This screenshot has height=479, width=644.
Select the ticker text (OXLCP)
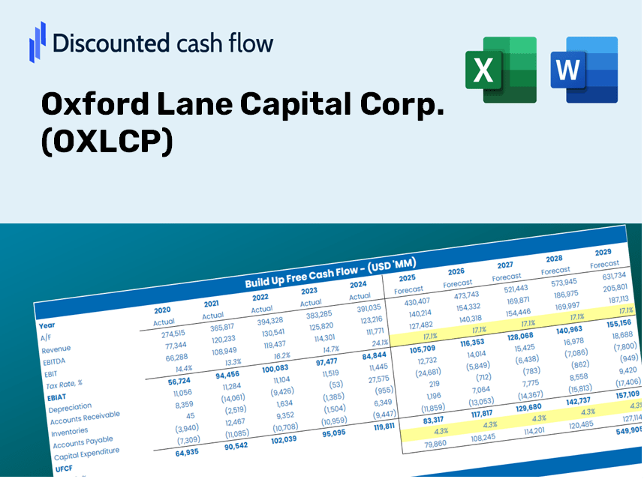[107, 142]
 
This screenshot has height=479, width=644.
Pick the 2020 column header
[162, 310]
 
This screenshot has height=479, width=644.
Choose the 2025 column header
[408, 277]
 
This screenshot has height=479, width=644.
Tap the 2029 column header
[603, 252]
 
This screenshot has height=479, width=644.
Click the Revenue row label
[56, 350]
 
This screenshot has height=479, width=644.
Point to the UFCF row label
[64, 469]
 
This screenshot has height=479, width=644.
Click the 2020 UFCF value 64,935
[178, 452]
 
